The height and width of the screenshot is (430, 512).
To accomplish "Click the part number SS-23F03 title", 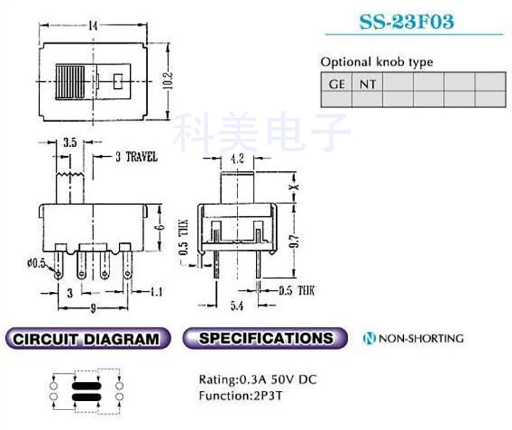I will (406, 22).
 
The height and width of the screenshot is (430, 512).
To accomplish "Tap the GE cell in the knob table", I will (337, 84).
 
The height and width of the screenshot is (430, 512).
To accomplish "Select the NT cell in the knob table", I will (367, 84).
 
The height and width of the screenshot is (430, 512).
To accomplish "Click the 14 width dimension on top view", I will (93, 26).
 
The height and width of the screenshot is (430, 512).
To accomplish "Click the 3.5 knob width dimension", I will (70, 143).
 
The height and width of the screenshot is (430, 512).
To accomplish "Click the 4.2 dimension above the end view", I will (238, 161).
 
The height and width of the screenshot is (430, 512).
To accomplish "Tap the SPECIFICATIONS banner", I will (265, 338).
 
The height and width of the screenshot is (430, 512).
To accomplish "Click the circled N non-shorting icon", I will (369, 338).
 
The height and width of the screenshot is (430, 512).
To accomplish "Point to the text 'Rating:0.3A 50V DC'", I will (257, 380).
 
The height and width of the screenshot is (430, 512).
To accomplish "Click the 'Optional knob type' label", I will (376, 62).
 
